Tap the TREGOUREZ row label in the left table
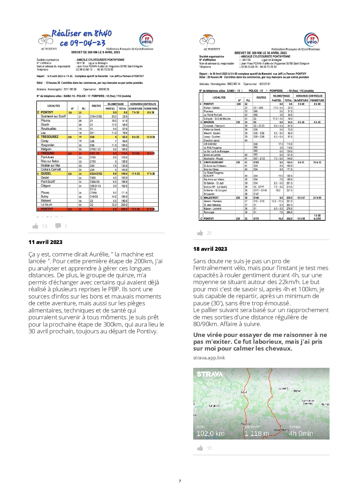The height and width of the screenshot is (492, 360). pyautogui.click(x=50, y=137)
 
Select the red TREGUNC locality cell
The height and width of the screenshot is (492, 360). pyautogui.click(x=48, y=153)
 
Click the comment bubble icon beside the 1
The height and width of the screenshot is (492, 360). pyautogui.click(x=59, y=226)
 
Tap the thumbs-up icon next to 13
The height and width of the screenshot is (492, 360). pyautogui.click(x=35, y=226)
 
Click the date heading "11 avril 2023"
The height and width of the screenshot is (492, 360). pyautogui.click(x=45, y=242)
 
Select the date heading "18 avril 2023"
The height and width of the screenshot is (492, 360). pyautogui.click(x=210, y=249)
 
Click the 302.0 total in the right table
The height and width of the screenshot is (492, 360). pyautogui.click(x=288, y=218)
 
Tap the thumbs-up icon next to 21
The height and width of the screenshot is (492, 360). pyautogui.click(x=200, y=233)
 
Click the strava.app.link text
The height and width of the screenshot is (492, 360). pyautogui.click(x=209, y=357)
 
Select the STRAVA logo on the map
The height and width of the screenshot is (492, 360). pyautogui.click(x=210, y=374)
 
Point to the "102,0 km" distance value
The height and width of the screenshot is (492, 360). pyautogui.click(x=210, y=433)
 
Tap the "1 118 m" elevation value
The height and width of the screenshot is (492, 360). pyautogui.click(x=257, y=433)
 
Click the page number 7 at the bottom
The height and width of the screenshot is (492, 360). pyautogui.click(x=180, y=481)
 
